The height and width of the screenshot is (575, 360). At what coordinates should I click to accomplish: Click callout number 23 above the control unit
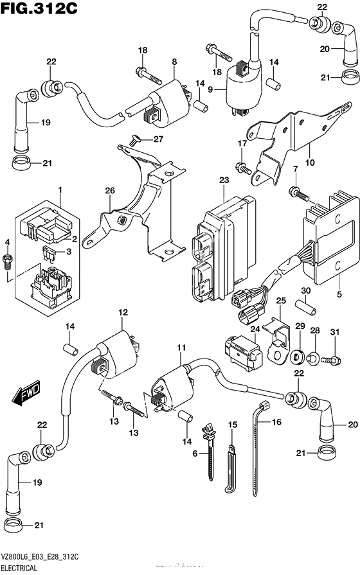pos(224,181)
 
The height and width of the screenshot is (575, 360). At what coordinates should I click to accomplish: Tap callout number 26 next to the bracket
pos(109,190)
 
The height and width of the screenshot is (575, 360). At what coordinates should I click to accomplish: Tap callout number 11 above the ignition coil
pos(181,348)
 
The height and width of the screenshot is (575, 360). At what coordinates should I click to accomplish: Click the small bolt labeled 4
pos(8,278)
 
